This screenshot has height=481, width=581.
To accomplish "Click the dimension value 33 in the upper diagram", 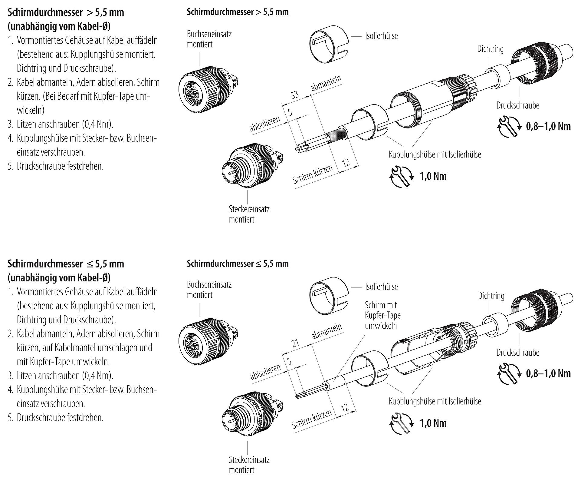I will point(294,95).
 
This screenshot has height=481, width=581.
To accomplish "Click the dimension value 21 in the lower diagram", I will point(295,343).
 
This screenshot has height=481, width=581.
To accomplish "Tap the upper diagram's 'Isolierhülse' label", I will point(381,36).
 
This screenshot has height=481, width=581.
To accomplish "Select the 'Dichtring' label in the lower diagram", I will point(491,296).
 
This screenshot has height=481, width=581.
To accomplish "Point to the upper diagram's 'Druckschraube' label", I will point(517,105).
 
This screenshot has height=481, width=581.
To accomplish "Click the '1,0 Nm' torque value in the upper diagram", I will point(433,176).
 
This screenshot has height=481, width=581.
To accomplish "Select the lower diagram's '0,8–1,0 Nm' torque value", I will point(548,373).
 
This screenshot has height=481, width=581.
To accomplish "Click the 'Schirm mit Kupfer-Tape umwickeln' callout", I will point(382,315).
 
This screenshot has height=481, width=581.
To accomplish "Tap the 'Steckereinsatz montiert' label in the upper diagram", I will point(249,214).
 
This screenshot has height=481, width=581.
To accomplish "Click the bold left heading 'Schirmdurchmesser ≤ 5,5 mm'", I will point(66,264).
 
